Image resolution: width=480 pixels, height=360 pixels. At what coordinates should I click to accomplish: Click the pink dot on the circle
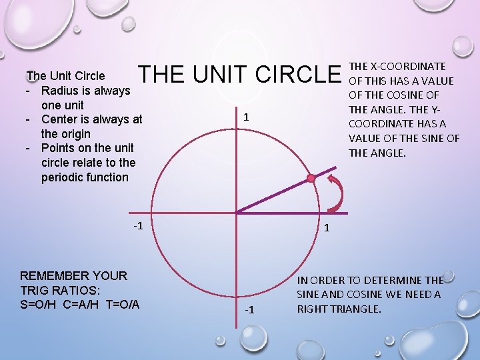311,178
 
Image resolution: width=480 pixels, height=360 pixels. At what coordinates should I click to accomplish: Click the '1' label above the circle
247,117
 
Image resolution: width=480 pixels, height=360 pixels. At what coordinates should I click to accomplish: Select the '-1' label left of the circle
139,225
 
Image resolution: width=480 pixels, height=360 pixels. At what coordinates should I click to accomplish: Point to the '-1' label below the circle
249,309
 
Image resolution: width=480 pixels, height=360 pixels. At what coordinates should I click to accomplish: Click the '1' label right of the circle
327,228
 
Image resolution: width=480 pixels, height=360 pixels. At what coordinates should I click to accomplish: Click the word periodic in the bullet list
64,177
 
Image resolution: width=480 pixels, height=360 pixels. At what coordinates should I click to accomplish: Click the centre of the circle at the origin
235,213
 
